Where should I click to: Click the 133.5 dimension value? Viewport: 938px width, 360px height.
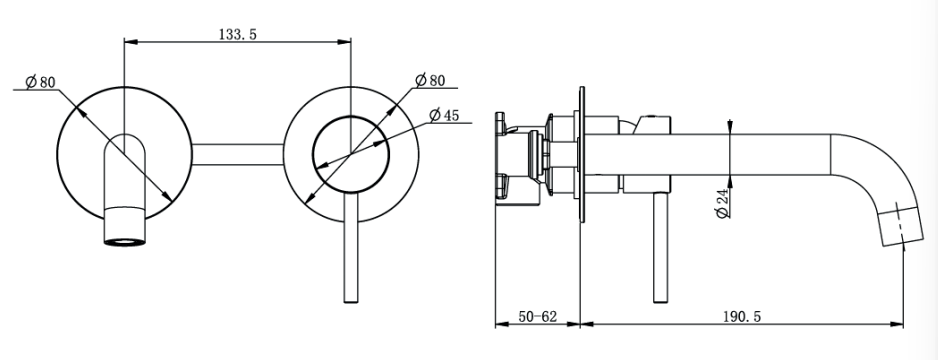click(x=237, y=34)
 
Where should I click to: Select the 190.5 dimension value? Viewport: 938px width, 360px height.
click(x=742, y=316)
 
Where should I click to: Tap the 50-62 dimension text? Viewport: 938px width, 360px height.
click(x=537, y=316)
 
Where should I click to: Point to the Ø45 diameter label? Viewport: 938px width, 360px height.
click(x=444, y=114)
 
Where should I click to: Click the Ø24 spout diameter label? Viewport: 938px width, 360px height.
click(x=723, y=203)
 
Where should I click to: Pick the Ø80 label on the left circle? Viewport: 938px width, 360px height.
click(x=40, y=81)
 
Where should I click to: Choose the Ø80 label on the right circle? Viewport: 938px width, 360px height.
click(x=430, y=80)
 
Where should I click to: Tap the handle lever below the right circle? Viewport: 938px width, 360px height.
click(x=351, y=248)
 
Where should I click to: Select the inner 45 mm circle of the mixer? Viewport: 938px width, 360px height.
click(x=351, y=117)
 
